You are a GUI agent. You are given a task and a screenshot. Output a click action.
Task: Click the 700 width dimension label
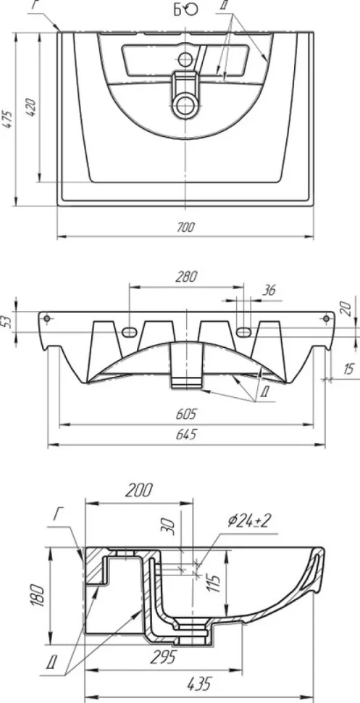click(x=185, y=228)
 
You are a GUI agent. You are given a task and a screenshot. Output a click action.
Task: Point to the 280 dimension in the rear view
click(x=186, y=276)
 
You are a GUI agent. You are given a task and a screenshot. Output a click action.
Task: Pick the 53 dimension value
click(x=6, y=322)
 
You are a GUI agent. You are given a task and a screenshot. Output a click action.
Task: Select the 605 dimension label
click(x=186, y=415)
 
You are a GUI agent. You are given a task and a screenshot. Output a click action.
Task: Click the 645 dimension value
click(x=186, y=434)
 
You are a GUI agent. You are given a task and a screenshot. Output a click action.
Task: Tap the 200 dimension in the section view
click(x=138, y=491)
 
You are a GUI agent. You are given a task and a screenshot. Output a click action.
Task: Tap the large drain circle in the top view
click(x=185, y=106)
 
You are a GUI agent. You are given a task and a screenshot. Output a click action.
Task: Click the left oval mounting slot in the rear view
click(x=129, y=332)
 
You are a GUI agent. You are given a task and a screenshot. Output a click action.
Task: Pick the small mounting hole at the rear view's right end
click(x=327, y=318)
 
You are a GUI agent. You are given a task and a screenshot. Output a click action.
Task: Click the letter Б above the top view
click(x=178, y=9)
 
